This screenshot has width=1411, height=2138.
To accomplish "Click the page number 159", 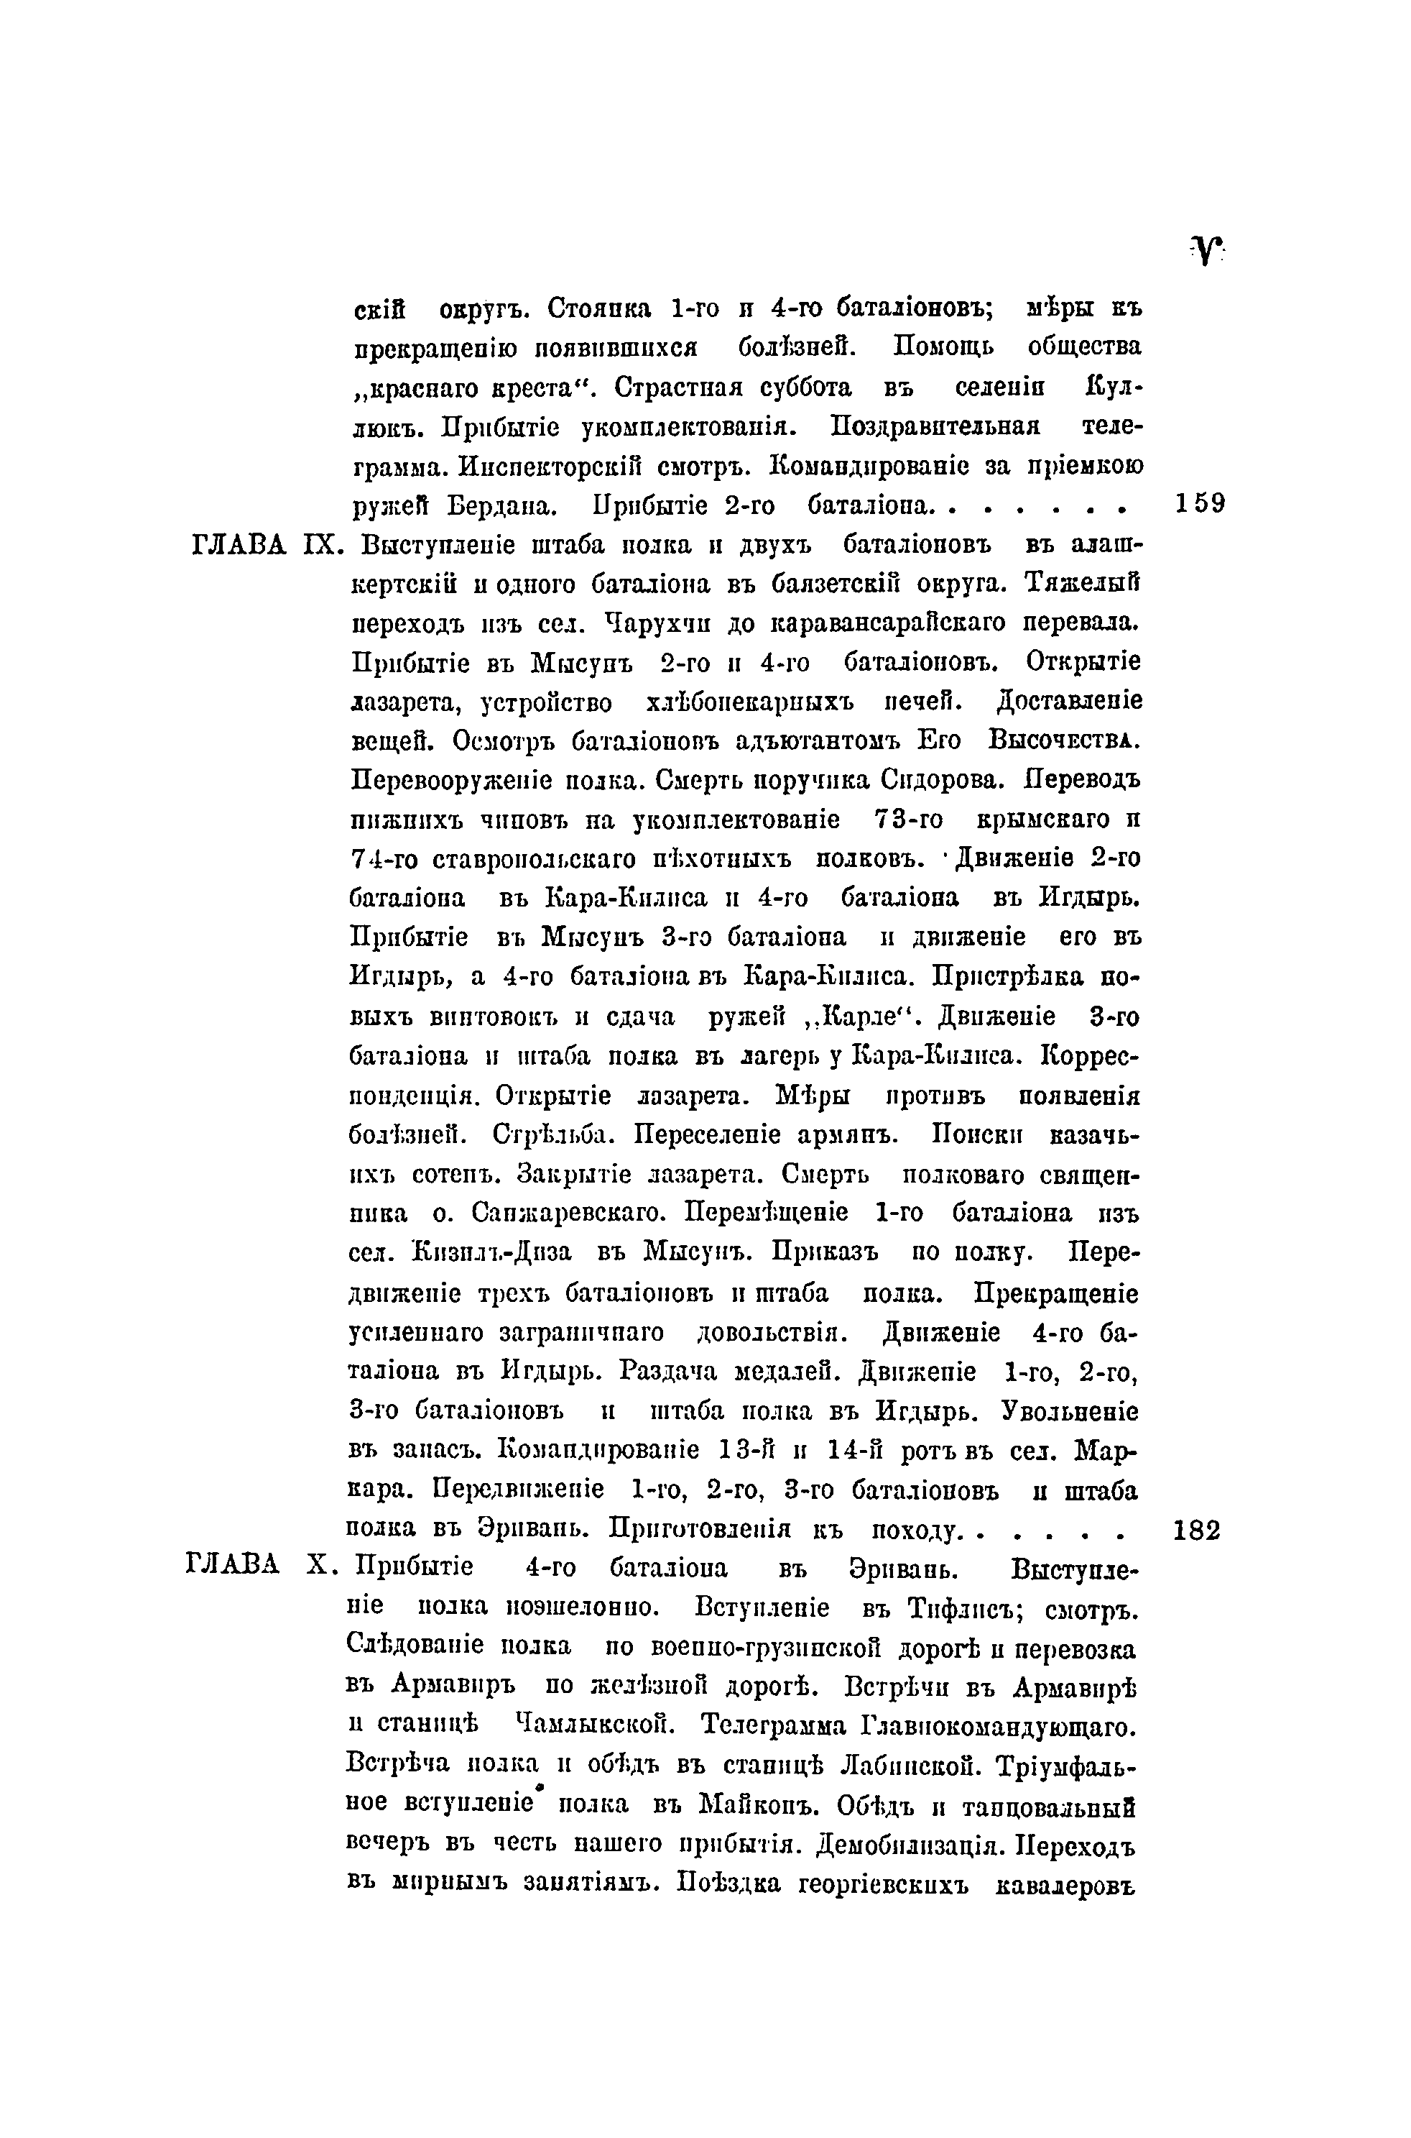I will (1200, 503).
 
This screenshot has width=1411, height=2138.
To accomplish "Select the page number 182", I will (1198, 1531).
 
